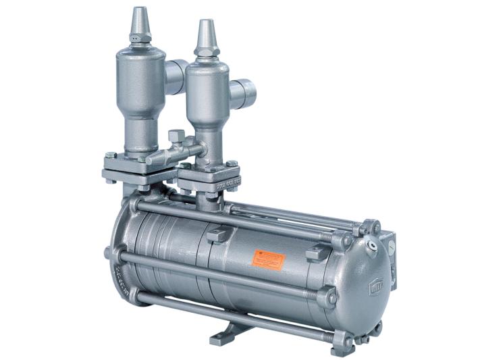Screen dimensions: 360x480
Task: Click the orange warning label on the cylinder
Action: coord(269,260)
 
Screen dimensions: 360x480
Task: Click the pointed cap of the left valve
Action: coord(139,24)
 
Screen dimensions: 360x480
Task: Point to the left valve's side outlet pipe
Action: coord(176,74)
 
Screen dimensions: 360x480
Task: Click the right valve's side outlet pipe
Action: coord(243,93)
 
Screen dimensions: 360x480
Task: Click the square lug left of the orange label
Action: coord(215,235)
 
